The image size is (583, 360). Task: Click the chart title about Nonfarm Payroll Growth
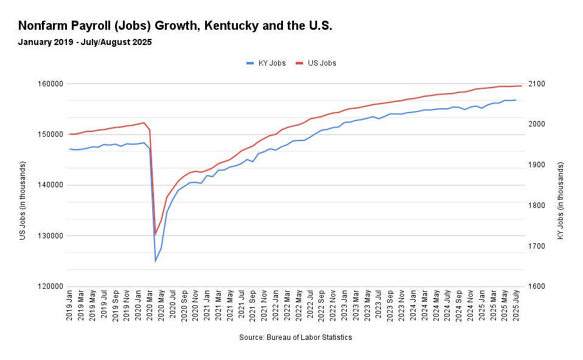point(175,26)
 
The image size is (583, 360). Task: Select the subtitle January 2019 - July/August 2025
point(85,43)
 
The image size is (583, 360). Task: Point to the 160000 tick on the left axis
point(52,84)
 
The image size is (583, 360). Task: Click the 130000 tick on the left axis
point(52,236)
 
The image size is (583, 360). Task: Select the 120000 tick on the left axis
point(52,286)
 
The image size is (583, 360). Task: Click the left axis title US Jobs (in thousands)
point(23,200)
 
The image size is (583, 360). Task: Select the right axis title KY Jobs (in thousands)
point(560,200)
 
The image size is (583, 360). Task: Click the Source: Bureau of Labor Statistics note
point(295,337)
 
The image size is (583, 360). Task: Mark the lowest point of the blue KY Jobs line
point(155,261)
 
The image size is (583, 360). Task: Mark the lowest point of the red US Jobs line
point(155,234)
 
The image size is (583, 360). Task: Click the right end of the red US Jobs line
point(522,86)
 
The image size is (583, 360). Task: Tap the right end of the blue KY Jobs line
point(516,100)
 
